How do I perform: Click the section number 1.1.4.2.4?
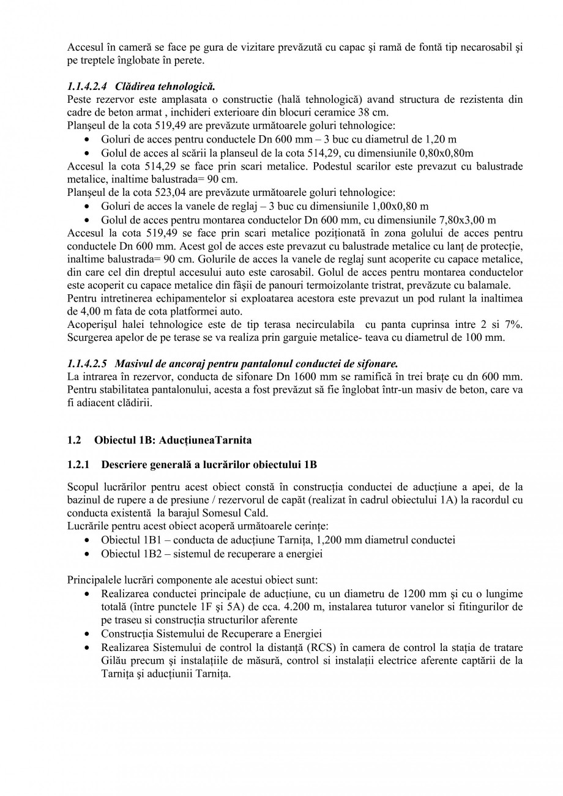tap(88, 85)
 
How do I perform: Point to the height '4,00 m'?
tap(84, 311)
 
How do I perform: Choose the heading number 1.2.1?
tap(78, 465)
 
